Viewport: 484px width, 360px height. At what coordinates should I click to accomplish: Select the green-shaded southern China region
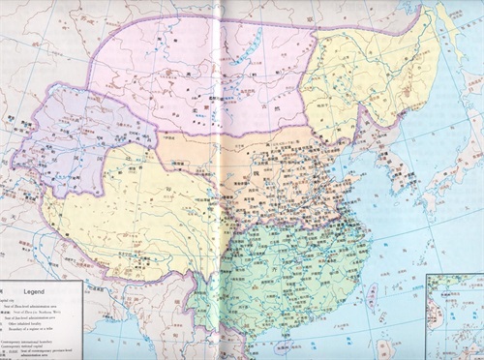(x=290, y=271)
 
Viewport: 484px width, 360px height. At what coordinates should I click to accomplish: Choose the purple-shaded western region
(x=77, y=135)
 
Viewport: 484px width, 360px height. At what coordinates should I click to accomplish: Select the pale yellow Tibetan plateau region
(x=126, y=213)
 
